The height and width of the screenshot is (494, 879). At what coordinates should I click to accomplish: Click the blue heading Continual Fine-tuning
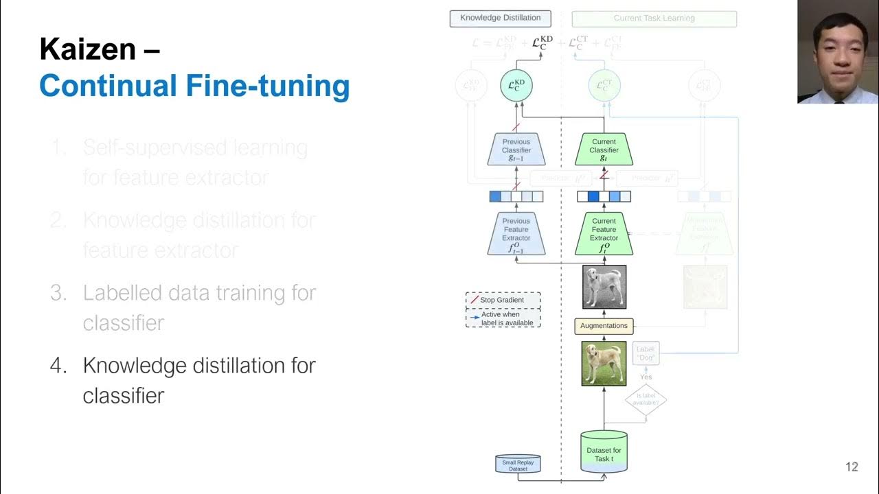pos(194,86)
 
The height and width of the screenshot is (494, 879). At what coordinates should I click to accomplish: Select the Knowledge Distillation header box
pos(500,19)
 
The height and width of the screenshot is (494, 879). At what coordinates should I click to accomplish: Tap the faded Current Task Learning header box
pos(654,19)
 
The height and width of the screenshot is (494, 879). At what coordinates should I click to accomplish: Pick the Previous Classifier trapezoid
pos(516,150)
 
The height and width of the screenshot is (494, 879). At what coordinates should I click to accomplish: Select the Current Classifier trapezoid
pos(604,150)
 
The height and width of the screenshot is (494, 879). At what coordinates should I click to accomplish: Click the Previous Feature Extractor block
pos(516,234)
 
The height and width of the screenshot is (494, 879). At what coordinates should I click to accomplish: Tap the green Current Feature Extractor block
pos(604,234)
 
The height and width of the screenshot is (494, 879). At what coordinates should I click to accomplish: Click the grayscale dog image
pos(604,287)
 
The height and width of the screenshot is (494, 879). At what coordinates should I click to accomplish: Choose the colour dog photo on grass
pos(604,363)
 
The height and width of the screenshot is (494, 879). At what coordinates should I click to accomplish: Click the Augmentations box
pos(604,326)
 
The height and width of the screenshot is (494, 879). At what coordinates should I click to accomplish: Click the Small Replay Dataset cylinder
pos(518,464)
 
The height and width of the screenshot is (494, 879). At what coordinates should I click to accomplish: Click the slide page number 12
pos(852,467)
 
